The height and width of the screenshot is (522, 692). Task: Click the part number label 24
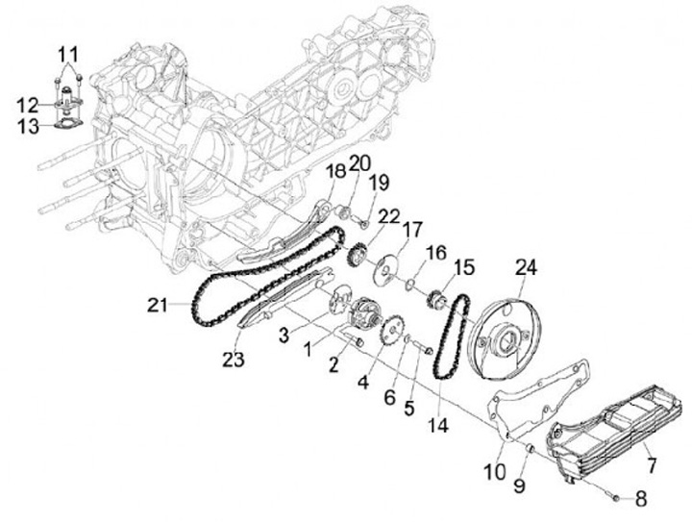[525, 265]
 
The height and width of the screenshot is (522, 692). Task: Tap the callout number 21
[159, 306]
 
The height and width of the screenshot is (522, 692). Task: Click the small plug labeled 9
[531, 449]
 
